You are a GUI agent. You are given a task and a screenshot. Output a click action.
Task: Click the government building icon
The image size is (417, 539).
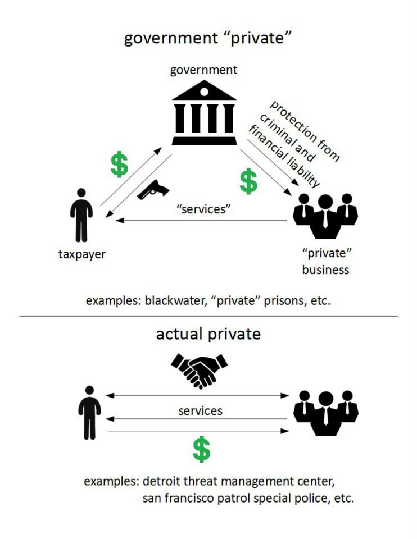point(204,113)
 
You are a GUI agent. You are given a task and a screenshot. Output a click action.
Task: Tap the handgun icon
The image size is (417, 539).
point(152,190)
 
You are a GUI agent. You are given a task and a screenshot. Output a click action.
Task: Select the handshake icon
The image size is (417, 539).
point(200,369)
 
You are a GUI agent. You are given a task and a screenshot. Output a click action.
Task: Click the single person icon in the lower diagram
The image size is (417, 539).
point(89,413)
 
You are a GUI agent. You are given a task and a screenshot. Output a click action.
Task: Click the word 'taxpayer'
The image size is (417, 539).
point(82,254)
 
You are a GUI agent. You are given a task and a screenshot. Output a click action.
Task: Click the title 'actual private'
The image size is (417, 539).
point(208,334)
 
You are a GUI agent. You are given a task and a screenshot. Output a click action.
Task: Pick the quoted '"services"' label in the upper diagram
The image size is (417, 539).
point(204,208)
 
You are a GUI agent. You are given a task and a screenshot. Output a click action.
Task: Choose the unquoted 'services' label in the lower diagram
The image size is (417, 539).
point(201,410)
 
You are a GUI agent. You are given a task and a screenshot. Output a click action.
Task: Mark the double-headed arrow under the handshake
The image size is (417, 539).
point(200,396)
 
